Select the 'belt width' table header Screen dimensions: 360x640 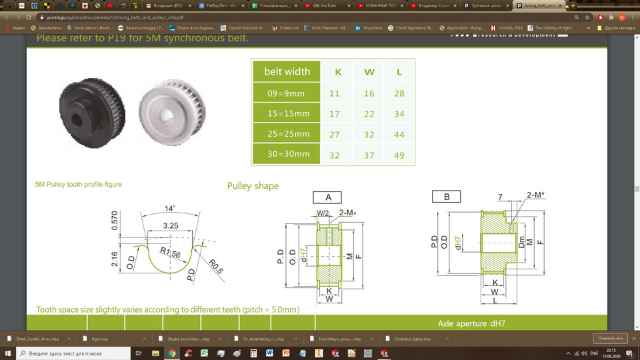(287, 71)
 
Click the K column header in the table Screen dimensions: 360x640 (337, 71)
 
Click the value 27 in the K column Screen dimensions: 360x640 (335, 134)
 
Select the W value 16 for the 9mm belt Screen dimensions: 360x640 (369, 93)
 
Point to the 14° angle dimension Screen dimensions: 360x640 (170, 209)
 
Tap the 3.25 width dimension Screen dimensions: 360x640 (171, 226)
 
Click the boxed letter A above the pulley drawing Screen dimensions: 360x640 (328, 197)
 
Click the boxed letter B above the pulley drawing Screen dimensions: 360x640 (447, 196)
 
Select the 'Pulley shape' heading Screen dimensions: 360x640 (253, 185)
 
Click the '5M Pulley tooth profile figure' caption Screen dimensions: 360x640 (79, 184)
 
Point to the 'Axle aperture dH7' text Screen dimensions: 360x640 (471, 323)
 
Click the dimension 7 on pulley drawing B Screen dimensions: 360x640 (500, 197)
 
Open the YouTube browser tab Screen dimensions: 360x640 (329, 5)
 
